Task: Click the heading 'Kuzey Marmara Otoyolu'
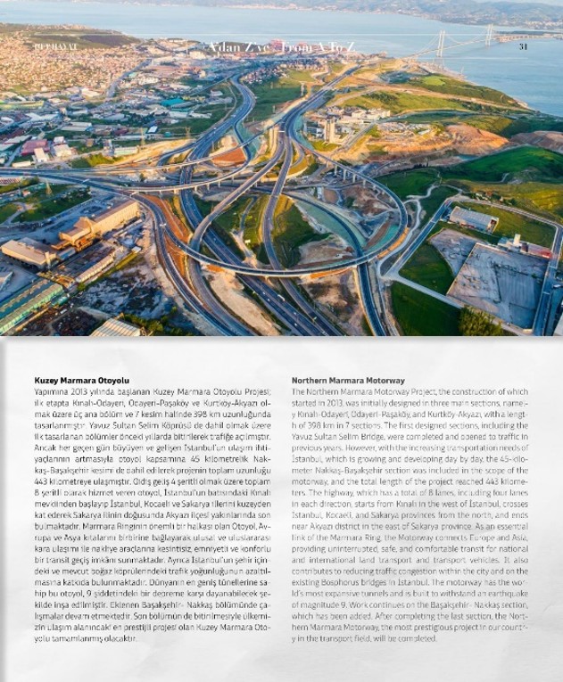(69, 380)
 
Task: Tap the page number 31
(524, 46)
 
